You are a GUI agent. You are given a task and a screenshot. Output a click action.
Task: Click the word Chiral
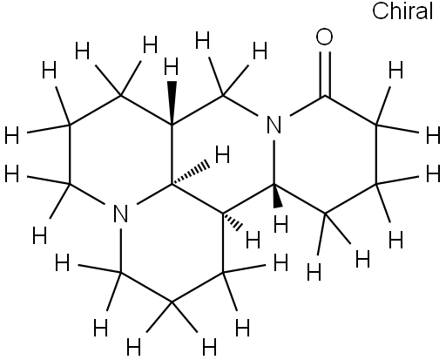[x=402, y=10]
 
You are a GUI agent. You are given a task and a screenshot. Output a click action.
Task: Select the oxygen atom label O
[x=324, y=37]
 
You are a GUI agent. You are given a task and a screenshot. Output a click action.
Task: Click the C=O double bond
[x=325, y=73]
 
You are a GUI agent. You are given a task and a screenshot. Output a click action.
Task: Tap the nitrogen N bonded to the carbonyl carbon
[x=274, y=125]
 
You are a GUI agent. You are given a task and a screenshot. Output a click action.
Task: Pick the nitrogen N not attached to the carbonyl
[x=120, y=214]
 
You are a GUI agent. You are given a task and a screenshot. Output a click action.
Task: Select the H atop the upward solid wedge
[x=171, y=66]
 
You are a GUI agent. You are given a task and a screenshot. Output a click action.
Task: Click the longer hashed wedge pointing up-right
[x=190, y=173]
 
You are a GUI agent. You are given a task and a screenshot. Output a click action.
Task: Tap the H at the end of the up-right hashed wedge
[x=223, y=154]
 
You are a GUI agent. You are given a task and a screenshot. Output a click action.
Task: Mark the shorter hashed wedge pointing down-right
[x=233, y=221]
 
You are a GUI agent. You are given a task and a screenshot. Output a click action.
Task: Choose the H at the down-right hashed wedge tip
[x=253, y=240]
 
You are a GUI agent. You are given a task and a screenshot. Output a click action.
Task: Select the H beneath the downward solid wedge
[x=280, y=224]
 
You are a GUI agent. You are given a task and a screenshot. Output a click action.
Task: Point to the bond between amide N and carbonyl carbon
[x=307, y=105]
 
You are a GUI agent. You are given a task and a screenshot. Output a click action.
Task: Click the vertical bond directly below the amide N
[x=274, y=162]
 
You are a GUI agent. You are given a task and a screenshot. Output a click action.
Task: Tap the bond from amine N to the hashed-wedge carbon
[x=154, y=194]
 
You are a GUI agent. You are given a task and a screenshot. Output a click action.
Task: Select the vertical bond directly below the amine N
[x=120, y=251]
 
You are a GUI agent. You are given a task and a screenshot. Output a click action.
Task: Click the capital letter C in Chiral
[x=380, y=11]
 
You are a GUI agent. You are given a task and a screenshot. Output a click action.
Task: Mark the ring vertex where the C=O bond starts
[x=325, y=95]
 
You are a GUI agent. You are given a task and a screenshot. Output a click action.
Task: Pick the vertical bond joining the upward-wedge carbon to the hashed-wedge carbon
[x=172, y=154]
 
